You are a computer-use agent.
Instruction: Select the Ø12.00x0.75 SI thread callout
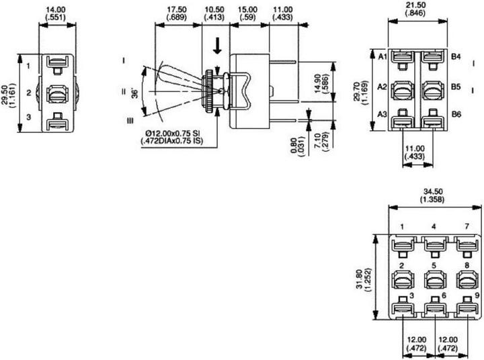173,134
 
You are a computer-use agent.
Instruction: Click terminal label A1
382,58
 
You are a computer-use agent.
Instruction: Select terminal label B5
455,87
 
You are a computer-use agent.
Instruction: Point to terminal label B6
455,115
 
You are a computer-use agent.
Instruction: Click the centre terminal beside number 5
434,275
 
